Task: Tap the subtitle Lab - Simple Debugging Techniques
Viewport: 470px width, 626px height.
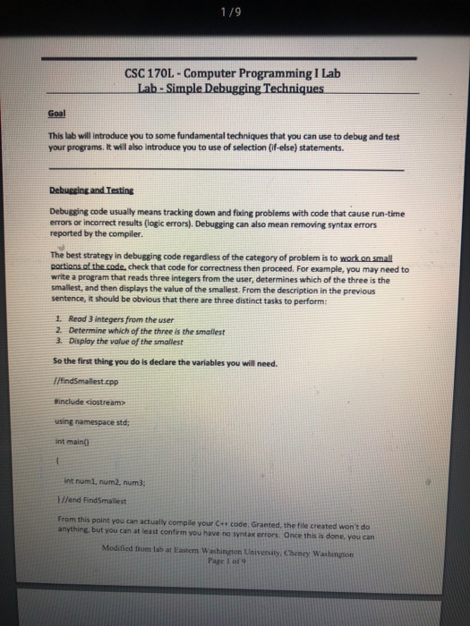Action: [x=235, y=89]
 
